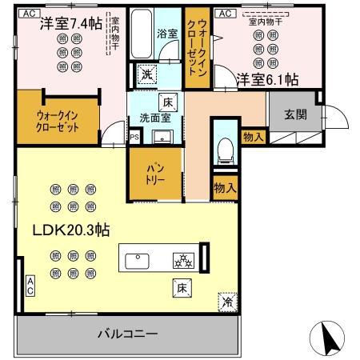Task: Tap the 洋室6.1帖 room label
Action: [267, 78]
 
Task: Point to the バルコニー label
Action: [127, 332]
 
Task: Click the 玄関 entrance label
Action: [293, 113]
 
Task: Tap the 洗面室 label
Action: [154, 118]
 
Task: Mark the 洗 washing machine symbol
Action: [146, 74]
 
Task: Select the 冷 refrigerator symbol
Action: [227, 302]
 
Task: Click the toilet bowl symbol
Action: [225, 149]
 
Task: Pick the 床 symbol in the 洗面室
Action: [168, 102]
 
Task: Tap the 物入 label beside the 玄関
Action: [253, 138]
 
